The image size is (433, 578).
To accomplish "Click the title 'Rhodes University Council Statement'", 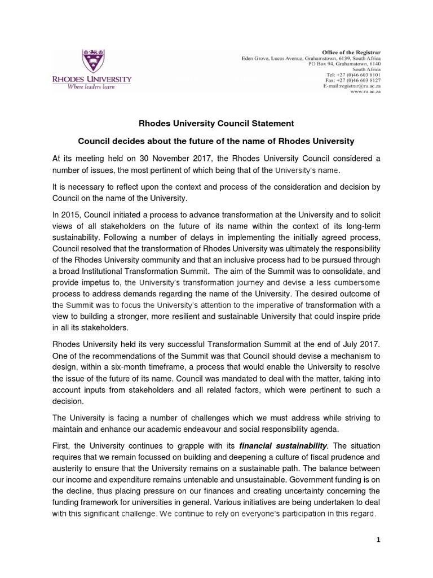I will coord(216,123).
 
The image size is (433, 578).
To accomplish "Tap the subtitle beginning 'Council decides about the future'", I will coord(216,140).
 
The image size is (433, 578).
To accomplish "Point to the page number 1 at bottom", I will coord(379,540).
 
